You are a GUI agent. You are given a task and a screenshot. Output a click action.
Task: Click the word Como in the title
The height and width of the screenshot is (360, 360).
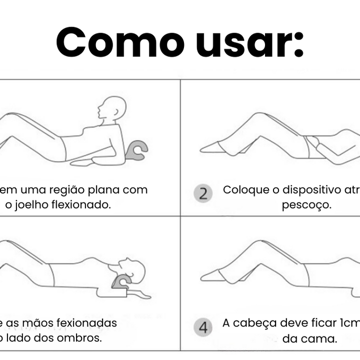pyautogui.click(x=120, y=42)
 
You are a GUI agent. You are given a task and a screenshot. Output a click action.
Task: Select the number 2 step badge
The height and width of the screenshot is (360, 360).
pyautogui.click(x=203, y=193)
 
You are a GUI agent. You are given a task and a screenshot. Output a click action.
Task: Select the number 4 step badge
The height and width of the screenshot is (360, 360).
pyautogui.click(x=203, y=328)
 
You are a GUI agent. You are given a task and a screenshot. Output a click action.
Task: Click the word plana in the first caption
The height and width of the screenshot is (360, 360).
pyautogui.click(x=107, y=190)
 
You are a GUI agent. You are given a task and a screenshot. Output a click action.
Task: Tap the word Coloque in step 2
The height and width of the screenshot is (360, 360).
pyautogui.click(x=242, y=190)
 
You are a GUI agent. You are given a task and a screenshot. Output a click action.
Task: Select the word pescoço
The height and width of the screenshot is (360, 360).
pyautogui.click(x=306, y=205)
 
